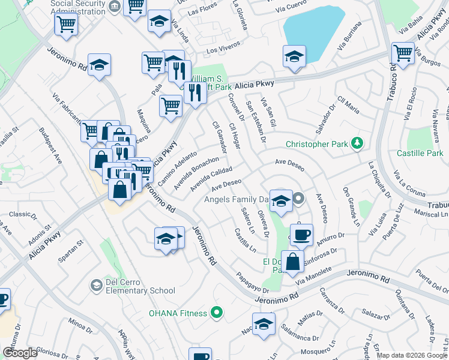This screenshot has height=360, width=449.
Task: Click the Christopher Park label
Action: tap(318, 144)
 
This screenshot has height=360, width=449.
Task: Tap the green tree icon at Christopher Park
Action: tap(358, 143)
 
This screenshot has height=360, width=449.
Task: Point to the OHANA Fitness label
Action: tap(178, 313)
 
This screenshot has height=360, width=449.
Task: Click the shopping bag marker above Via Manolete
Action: tap(292, 262)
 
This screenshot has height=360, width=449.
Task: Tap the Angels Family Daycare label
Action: tap(237, 199)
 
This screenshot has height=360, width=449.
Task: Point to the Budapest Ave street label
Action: tap(51, 145)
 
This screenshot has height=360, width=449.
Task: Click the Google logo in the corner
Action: tap(20, 353)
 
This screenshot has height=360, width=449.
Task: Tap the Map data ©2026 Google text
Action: tap(412, 355)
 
